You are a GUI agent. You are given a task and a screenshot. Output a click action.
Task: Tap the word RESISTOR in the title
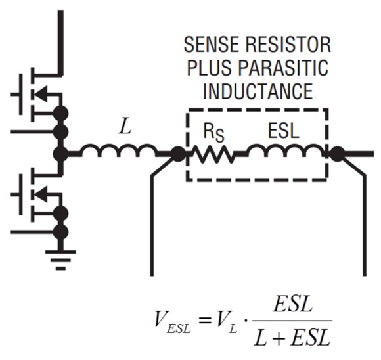click(x=288, y=45)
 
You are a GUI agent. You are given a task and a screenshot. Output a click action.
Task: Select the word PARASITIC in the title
click(x=283, y=68)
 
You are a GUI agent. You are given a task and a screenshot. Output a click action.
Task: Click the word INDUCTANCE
click(x=258, y=91)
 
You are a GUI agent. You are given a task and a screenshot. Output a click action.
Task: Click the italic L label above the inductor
click(x=125, y=126)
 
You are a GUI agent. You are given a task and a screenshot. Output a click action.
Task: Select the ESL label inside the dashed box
click(x=283, y=131)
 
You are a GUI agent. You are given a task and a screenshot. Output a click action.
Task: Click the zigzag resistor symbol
click(x=214, y=154)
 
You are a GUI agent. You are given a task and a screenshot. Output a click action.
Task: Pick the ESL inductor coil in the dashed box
click(x=286, y=150)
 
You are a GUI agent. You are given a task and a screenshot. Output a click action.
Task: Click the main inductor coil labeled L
click(x=118, y=150)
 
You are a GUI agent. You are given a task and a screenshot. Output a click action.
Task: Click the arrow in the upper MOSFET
click(x=41, y=94)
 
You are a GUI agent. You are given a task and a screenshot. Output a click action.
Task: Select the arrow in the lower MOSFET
click(x=41, y=194)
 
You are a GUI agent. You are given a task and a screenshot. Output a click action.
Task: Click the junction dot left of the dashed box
click(x=179, y=154)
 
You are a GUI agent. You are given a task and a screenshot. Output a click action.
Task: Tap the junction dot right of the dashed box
click(x=337, y=154)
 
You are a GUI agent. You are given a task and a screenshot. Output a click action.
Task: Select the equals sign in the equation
click(x=204, y=321)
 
